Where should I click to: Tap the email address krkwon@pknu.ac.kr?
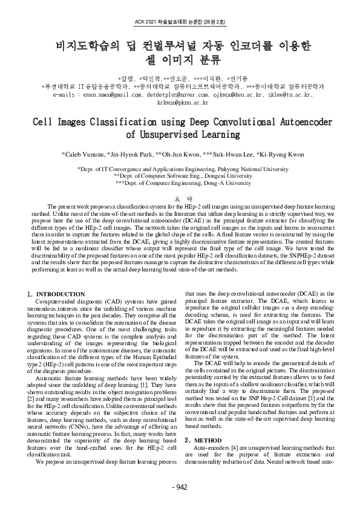[x=180, y=102]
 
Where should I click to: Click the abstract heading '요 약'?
[x=180, y=198]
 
